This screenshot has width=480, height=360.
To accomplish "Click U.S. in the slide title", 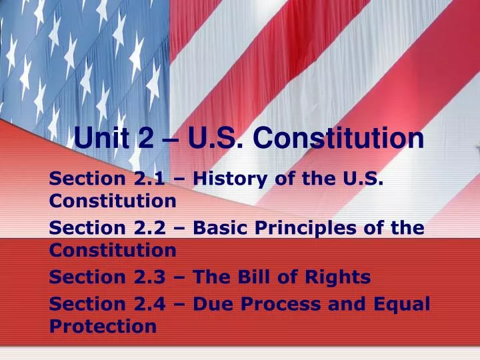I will coord(209,139).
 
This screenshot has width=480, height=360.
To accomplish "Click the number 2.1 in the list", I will coord(147,179).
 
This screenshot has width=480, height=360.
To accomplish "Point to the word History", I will coord(234,179).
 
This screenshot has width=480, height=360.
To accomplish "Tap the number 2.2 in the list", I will coord(147,228).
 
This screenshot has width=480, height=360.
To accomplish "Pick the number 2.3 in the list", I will coord(147,277).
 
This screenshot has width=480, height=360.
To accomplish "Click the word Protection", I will coord(103,326).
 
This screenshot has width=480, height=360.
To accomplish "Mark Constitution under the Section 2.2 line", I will coord(113,251).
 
